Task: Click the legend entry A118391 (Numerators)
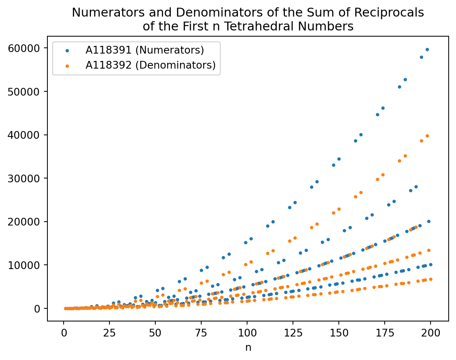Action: pos(145,50)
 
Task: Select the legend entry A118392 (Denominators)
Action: pos(150,65)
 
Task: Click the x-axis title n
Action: pos(248,347)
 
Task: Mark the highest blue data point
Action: pos(427,49)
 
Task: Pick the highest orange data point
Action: pos(427,136)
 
